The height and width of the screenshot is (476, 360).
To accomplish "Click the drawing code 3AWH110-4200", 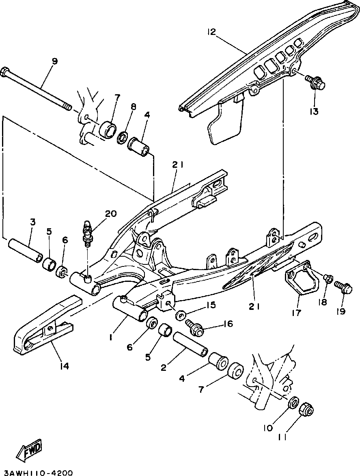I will pos(37,472).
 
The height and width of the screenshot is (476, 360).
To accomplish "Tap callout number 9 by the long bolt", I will pos(55,61).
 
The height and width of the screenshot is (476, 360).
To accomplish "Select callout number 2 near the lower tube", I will pos(164,368).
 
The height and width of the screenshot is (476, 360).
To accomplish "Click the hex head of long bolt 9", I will pos(8,73).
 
